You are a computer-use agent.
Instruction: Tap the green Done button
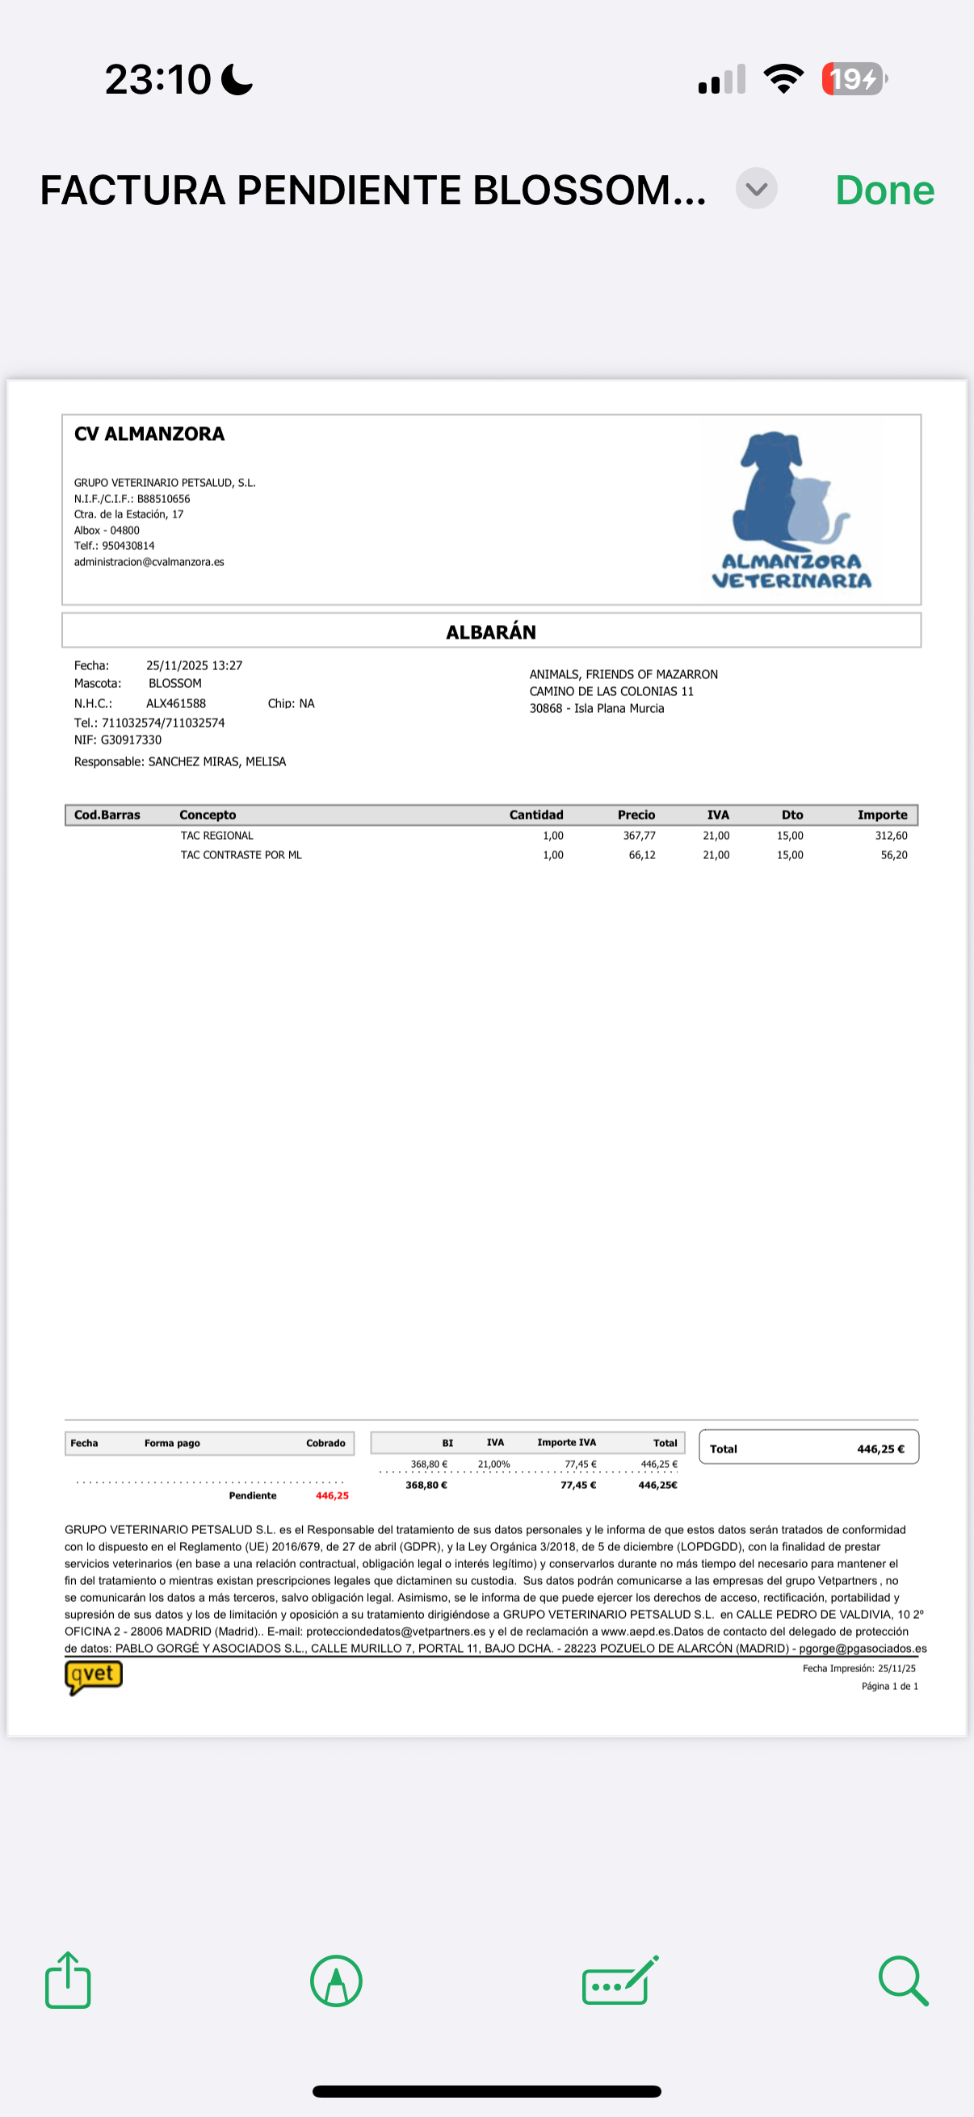[x=884, y=191]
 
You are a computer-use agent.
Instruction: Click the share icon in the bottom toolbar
[x=68, y=1981]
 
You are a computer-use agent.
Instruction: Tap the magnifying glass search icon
[x=903, y=1981]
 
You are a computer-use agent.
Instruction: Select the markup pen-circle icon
[x=336, y=1981]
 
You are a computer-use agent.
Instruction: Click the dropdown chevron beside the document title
[x=756, y=189]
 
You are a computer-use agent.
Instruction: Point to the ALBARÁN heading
[x=491, y=632]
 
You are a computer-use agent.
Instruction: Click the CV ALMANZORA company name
[x=149, y=434]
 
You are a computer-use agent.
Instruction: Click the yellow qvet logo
[x=94, y=1675]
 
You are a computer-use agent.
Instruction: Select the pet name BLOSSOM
[x=175, y=683]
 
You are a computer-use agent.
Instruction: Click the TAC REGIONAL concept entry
[x=217, y=835]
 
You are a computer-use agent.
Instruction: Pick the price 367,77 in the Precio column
[x=639, y=835]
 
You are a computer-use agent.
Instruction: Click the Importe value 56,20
[x=893, y=855]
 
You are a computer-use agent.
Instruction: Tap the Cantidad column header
[x=536, y=815]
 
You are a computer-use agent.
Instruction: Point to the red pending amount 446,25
[x=332, y=1495]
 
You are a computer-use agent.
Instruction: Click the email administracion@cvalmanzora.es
[x=149, y=562]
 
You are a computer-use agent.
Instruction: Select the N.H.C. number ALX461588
[x=176, y=703]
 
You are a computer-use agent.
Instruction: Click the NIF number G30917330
[x=131, y=740]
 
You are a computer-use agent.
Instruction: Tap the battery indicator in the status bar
[x=854, y=79]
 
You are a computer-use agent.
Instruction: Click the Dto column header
[x=791, y=815]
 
